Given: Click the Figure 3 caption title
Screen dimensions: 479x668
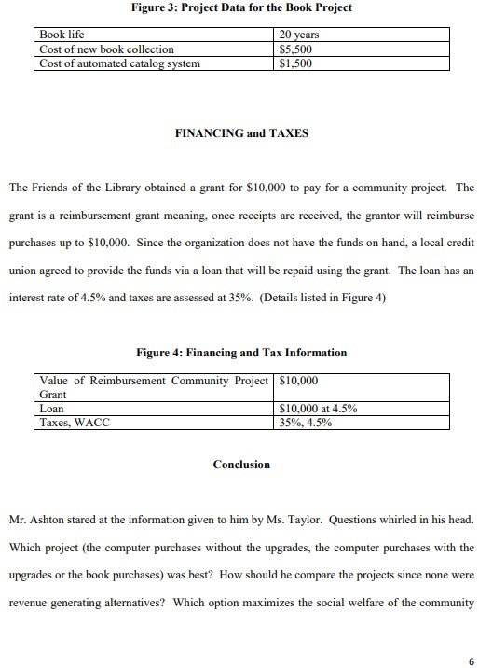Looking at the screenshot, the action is (241, 8).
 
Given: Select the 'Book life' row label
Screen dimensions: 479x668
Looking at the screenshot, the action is (62, 35).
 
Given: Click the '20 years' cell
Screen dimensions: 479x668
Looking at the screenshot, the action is (299, 35).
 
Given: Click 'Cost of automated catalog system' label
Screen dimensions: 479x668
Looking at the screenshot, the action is (119, 63).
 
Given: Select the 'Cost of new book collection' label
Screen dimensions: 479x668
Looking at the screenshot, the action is (106, 49).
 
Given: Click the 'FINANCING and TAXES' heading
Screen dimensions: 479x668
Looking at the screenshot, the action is (241, 133).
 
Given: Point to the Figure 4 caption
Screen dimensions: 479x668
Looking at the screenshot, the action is (241, 353).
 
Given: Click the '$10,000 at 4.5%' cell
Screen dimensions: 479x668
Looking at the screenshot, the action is (318, 409).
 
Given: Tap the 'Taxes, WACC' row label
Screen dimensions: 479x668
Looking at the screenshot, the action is (75, 423).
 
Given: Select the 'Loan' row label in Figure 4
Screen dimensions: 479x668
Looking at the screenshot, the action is (52, 409).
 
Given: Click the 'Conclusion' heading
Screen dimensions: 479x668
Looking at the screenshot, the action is (241, 465).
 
